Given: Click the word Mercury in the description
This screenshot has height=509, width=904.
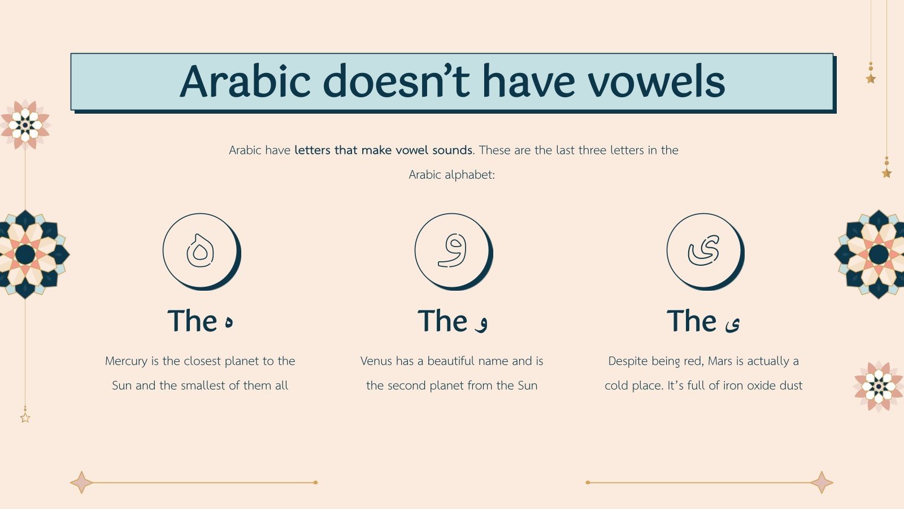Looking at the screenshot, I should tap(126, 361).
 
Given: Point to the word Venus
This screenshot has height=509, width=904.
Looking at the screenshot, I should tap(376, 361).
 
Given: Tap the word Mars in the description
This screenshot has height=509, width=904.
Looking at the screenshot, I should tap(720, 361).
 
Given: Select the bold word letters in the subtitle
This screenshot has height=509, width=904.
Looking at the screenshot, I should tap(312, 150).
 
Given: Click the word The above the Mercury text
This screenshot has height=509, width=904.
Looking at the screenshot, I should tap(193, 321).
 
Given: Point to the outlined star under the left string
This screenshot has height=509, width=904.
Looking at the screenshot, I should tap(25, 418).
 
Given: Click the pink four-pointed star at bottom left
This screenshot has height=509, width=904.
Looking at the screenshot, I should tap(82, 482).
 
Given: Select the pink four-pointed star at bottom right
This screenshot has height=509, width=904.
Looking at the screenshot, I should tap(822, 482).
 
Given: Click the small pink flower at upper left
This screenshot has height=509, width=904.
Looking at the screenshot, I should tap(25, 124).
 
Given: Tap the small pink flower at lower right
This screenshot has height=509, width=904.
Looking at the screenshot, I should tap(879, 387).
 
